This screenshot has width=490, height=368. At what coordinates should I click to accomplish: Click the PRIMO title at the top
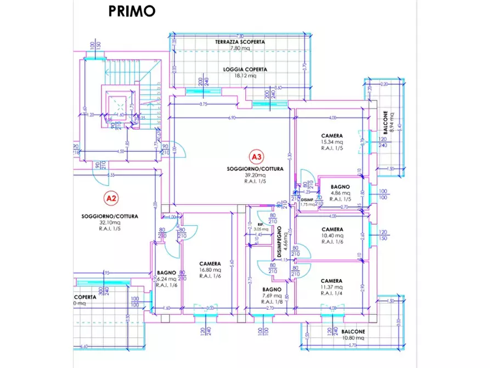pos(132,10)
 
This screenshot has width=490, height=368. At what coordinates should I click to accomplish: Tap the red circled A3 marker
pos(257,155)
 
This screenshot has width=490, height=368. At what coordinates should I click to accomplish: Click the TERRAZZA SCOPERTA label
pos(240,42)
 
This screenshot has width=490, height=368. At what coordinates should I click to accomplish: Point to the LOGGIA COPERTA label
pos(245,69)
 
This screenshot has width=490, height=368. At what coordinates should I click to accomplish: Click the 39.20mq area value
pos(257,175)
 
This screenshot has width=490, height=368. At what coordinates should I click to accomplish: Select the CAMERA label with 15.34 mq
pos(332,136)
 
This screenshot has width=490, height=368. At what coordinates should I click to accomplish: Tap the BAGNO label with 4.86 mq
pos(340,187)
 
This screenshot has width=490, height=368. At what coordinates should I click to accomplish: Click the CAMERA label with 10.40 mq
pos(332,230)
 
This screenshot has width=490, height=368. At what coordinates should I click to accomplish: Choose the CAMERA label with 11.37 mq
pos(332,281)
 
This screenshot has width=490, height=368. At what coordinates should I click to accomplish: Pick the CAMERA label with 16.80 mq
pos(210,263)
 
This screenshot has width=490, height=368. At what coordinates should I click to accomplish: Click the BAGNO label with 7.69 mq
pos(272,289)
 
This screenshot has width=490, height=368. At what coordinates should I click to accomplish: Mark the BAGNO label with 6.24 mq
pos(166,272)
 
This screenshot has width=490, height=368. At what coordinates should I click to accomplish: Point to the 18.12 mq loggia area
pos(245,76)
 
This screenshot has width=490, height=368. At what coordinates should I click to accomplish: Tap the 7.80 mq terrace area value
pos(240,48)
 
